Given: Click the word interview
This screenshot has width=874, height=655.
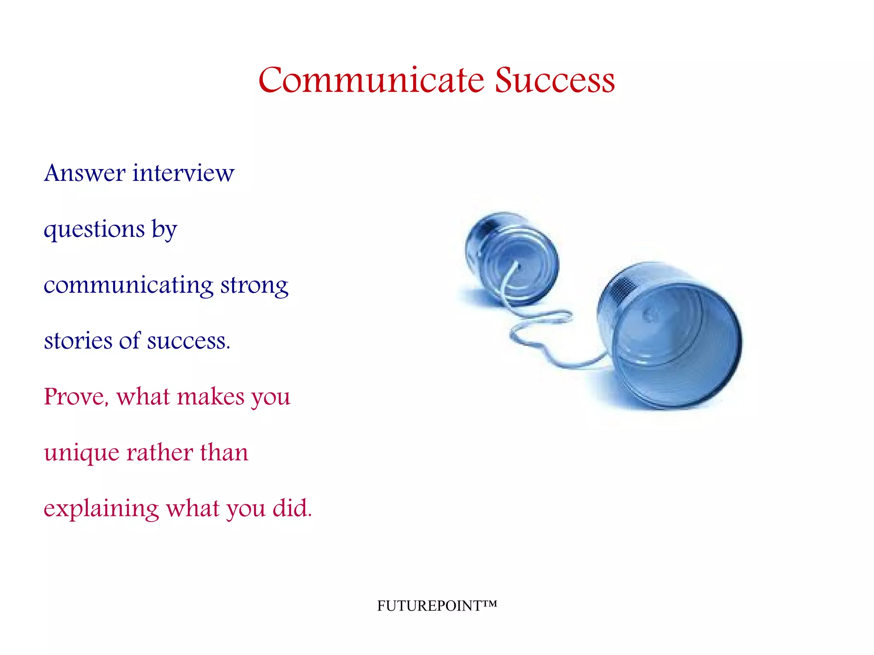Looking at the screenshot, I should tap(184, 173).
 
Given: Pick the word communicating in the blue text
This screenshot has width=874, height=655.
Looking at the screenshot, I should tap(128, 286).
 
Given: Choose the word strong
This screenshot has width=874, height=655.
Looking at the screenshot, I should tap(254, 286).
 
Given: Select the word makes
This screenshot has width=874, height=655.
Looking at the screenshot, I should tap(210, 397).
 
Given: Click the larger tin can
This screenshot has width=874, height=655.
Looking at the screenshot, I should tap(670, 337).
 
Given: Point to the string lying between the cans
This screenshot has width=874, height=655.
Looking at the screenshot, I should tap(542, 337).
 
